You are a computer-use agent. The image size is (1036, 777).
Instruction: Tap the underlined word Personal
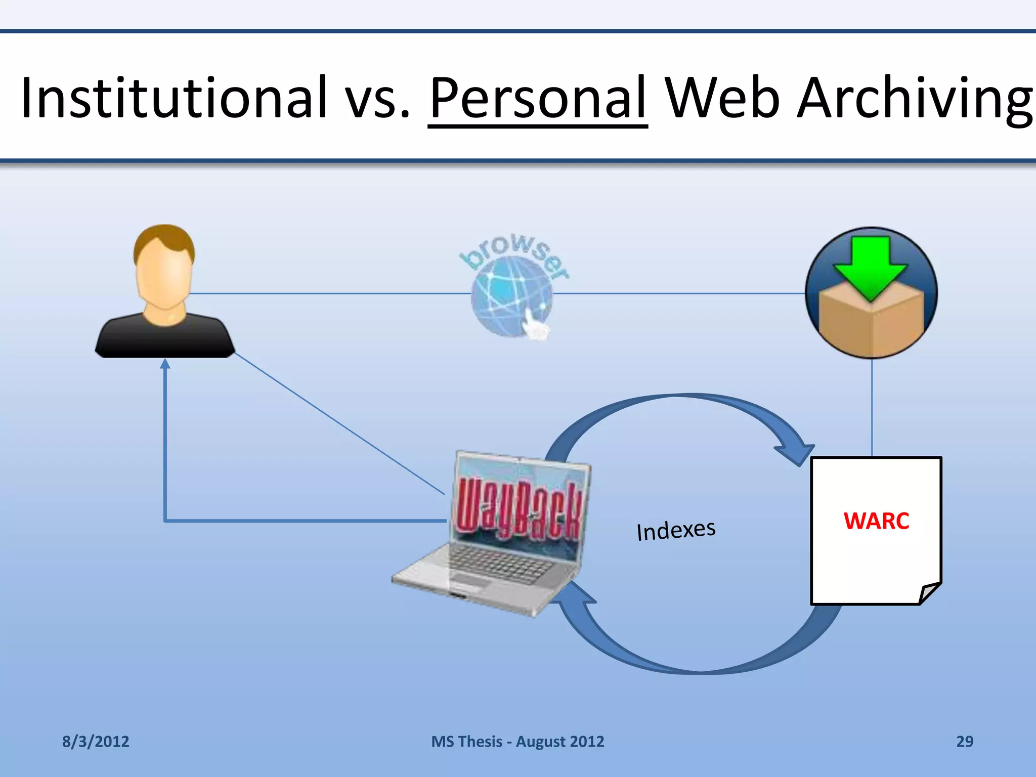538,97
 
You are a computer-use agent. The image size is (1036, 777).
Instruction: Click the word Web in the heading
722,97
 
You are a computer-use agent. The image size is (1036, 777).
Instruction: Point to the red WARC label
876,521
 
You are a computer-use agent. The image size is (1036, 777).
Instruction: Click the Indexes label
676,530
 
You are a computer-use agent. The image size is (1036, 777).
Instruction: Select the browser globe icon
512,296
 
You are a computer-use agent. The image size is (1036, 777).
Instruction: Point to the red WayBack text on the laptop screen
519,511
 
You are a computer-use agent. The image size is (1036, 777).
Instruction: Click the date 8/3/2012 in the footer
96,741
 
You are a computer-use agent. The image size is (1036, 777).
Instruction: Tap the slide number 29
964,741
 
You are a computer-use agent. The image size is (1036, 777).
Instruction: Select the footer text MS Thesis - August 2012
517,741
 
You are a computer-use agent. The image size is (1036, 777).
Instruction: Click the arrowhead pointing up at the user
165,364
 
